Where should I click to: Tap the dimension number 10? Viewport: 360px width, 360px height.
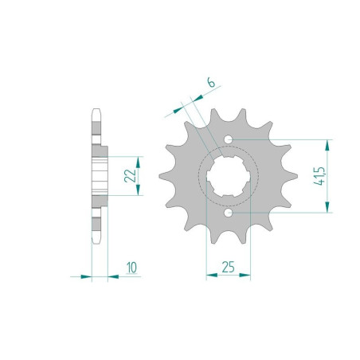point(130,266)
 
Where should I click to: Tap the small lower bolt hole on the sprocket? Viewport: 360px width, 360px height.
point(229,213)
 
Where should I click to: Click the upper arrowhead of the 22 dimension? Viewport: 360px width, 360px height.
point(139,158)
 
